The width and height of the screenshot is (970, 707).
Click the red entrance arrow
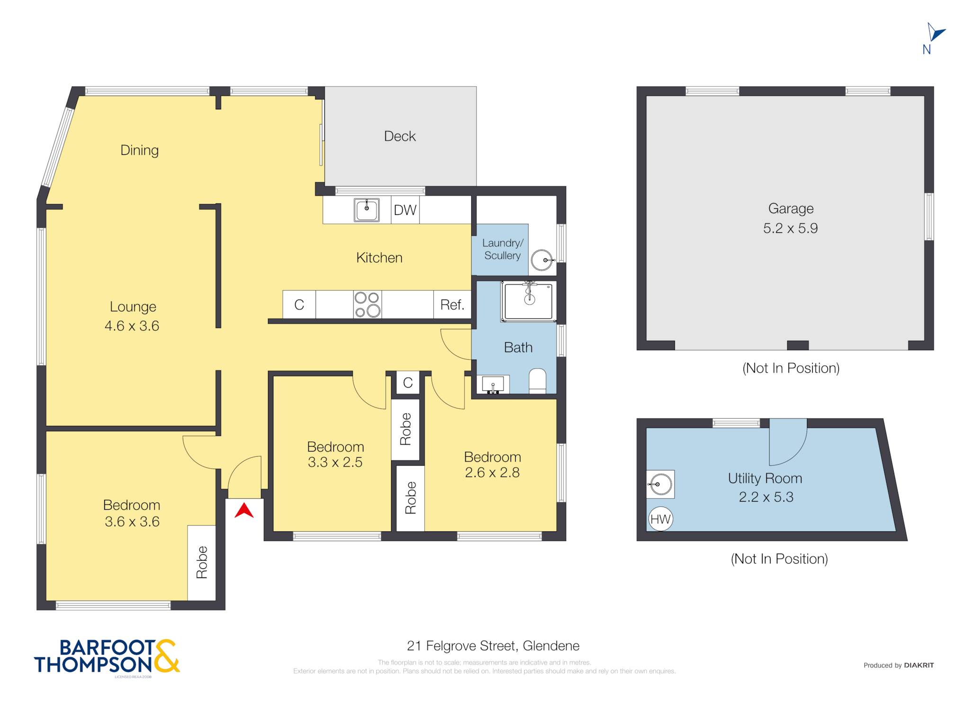tap(244, 511)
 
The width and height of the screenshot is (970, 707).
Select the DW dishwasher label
tap(405, 210)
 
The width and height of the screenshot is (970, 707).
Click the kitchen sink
tap(367, 210)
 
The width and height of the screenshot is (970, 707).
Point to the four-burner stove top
tap(368, 304)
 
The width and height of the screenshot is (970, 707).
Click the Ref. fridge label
tap(452, 305)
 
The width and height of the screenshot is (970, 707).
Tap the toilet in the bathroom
tap(537, 381)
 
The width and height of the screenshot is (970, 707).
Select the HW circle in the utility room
tap(660, 519)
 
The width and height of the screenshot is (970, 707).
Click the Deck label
tap(400, 136)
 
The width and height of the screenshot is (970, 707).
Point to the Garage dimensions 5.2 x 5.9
tap(790, 228)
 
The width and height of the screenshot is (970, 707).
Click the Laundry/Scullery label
tap(503, 249)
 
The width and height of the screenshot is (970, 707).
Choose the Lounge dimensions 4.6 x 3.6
tap(132, 326)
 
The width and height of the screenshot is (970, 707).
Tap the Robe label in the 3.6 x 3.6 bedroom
tap(202, 562)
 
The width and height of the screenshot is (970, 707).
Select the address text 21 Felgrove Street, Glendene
tap(493, 645)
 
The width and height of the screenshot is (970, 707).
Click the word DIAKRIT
tap(919, 665)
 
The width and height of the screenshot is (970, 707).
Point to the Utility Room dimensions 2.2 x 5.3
tap(766, 497)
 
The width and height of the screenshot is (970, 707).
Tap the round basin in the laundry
tap(542, 260)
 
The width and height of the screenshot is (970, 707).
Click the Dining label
tap(139, 150)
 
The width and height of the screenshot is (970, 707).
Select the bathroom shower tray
tap(529, 301)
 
